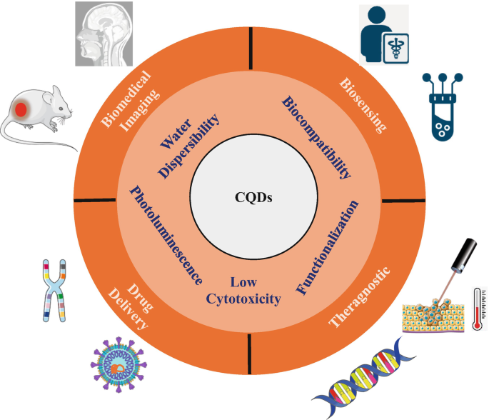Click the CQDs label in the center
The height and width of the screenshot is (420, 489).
[254, 198]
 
